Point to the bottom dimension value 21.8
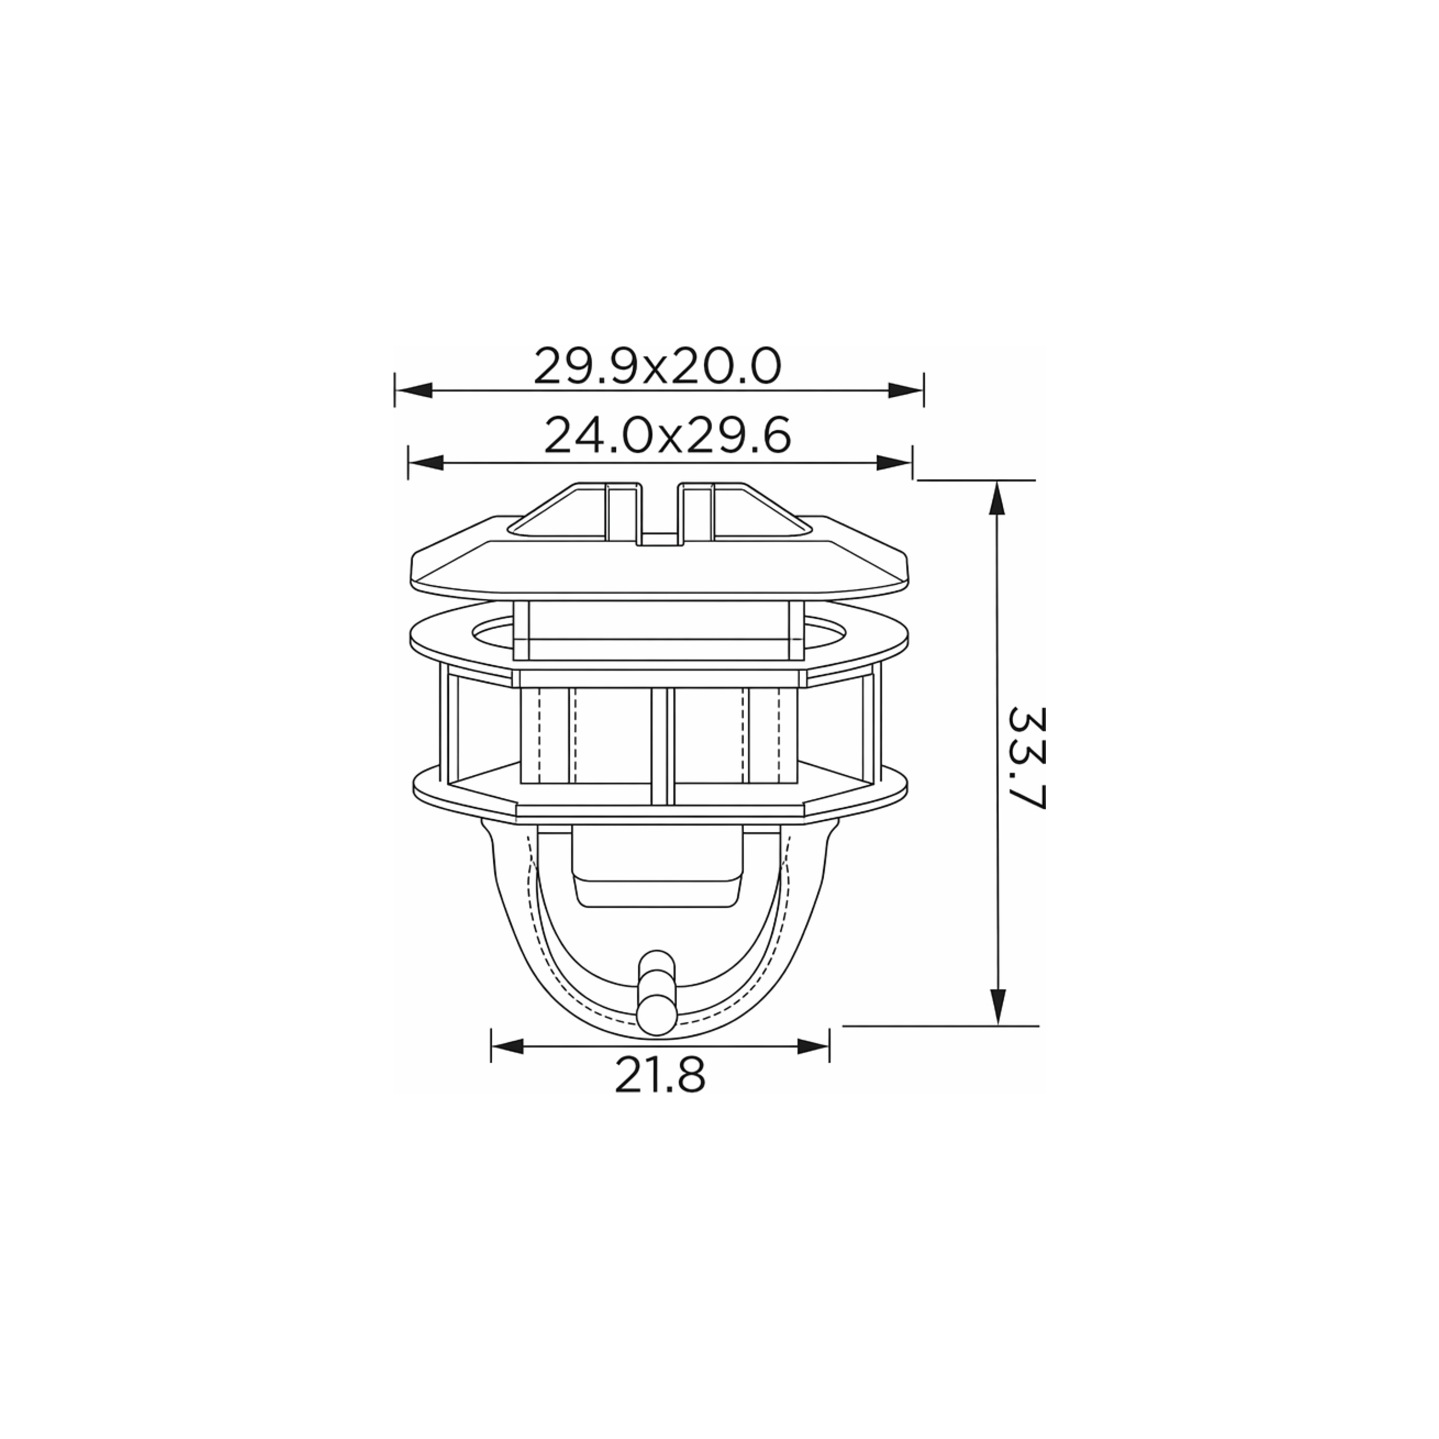pos(660,1076)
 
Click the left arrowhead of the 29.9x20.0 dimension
pos(414,390)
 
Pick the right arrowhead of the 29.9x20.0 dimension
pos(905,390)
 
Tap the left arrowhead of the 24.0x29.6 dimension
pos(427,463)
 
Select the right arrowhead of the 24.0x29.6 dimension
pos(894,463)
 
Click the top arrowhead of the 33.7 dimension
pos(998,499)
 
